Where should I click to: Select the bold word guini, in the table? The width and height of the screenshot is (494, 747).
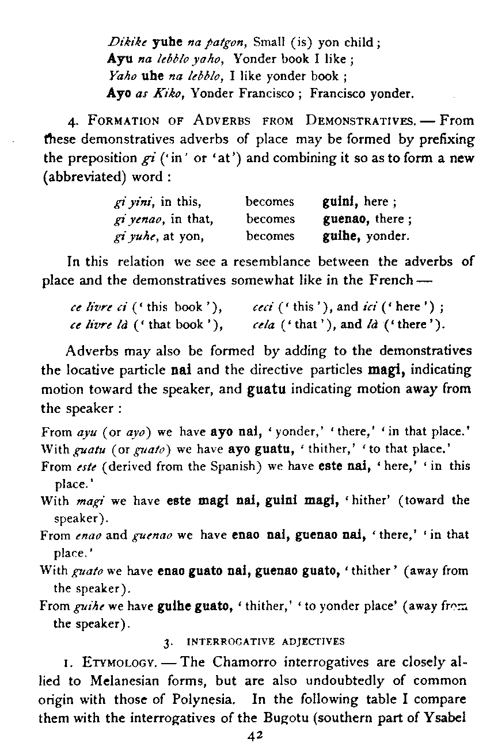341,202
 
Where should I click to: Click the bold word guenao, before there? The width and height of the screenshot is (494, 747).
346,219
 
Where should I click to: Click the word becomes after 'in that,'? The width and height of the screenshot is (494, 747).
270,219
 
